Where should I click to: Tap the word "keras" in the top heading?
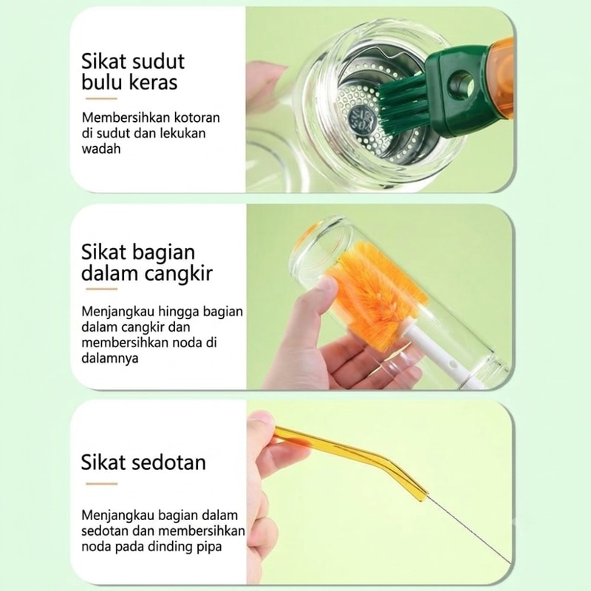154,82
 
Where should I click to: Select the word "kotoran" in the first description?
197,117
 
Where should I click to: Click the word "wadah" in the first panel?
101,149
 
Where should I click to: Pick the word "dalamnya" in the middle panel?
110,358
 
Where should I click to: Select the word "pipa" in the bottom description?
209,547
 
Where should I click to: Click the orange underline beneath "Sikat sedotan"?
101,484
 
